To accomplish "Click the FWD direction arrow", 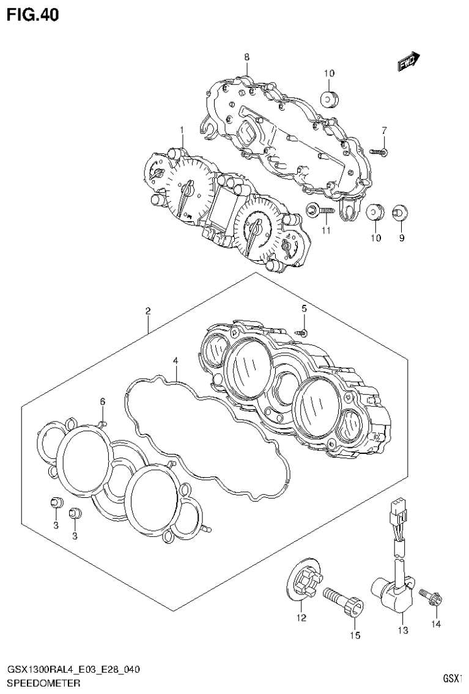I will click(408, 61).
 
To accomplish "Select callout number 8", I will click(246, 57).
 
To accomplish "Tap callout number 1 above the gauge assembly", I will click(182, 130).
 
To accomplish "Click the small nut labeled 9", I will click(401, 212).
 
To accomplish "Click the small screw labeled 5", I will click(303, 331).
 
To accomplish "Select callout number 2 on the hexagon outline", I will click(148, 311).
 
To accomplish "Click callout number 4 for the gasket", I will click(175, 360).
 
